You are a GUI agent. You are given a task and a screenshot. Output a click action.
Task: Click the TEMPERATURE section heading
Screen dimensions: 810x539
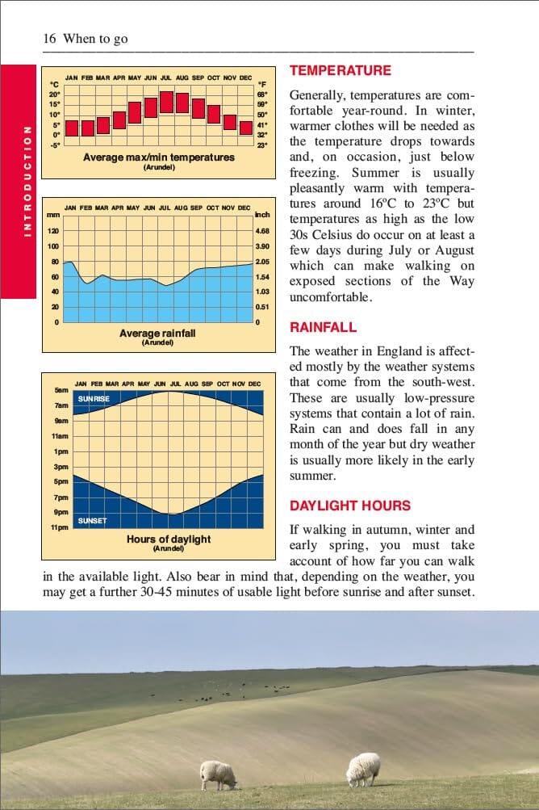[x=340, y=70]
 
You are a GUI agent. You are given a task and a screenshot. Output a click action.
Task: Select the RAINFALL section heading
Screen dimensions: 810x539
[x=323, y=327]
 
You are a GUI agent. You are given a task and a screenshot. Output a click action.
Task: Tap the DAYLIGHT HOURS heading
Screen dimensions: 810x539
[x=350, y=506]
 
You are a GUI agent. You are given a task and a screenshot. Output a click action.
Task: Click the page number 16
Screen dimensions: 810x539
[x=48, y=39]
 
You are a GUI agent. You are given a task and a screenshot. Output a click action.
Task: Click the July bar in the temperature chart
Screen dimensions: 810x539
[x=166, y=103]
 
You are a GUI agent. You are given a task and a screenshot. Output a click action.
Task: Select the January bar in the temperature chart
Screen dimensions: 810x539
[x=72, y=128]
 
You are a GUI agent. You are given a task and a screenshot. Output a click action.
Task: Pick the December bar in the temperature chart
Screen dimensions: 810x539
[x=245, y=128]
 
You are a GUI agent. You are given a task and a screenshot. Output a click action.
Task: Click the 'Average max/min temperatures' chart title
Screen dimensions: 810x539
[x=159, y=157]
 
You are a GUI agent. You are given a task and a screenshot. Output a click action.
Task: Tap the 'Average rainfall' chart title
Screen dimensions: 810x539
[x=157, y=333]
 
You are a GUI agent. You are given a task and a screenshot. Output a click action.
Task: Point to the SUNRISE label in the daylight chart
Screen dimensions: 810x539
[x=94, y=399]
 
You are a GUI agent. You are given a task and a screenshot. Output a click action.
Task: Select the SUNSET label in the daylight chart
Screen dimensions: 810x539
[x=92, y=521]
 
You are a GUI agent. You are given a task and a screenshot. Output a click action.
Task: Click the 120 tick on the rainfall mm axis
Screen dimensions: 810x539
[x=53, y=231]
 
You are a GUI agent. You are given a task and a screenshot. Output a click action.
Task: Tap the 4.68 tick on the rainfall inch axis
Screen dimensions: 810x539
[x=261, y=231]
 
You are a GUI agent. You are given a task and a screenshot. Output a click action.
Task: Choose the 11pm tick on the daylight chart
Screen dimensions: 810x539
[x=61, y=527]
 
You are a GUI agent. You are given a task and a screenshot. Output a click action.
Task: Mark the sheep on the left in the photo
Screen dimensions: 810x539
[x=219, y=774]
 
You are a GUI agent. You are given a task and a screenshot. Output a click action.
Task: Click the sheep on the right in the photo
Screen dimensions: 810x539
[x=363, y=769]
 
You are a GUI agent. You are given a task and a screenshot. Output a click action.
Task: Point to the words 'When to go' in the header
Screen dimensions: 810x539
[x=95, y=39]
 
